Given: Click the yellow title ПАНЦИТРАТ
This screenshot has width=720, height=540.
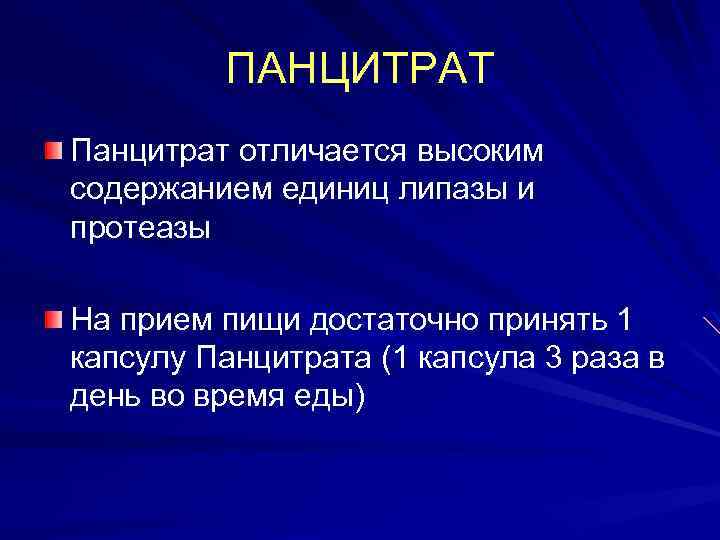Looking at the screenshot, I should (360, 69).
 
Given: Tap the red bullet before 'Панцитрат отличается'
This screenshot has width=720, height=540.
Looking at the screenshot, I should (53, 150).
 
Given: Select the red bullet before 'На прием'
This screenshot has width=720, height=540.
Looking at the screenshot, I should (53, 319).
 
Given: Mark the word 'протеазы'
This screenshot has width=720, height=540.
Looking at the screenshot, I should (141, 229).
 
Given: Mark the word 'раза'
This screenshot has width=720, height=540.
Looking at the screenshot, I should (602, 359).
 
